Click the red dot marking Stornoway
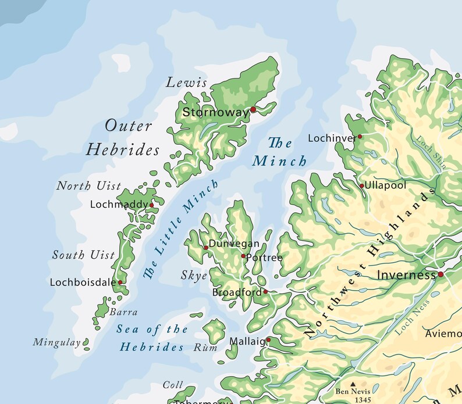click(253, 109)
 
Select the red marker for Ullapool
click(361, 186)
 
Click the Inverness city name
click(406, 274)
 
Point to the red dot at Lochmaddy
click(151, 205)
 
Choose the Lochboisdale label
click(82, 283)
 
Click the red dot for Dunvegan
click(205, 248)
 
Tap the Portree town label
click(265, 258)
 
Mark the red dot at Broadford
click(265, 292)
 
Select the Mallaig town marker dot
click(268, 340)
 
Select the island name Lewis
click(187, 83)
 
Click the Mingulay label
click(56, 342)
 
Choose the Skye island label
click(194, 276)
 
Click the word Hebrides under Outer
click(123, 150)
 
